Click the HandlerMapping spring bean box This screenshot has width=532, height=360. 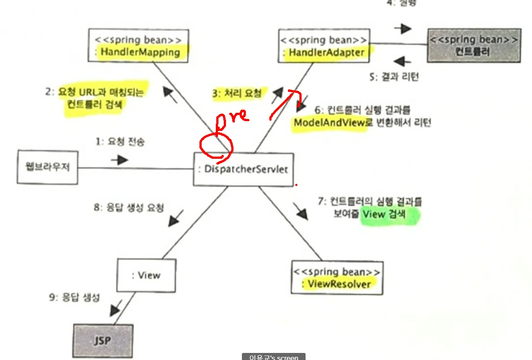(138, 46)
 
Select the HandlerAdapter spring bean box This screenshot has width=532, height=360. (324, 46)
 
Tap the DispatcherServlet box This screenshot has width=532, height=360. (244, 169)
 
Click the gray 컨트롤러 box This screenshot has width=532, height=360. (473, 46)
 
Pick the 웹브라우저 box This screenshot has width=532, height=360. (47, 168)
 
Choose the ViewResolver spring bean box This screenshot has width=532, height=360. (337, 277)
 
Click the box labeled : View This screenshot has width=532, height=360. (146, 275)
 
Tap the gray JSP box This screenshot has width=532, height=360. (102, 341)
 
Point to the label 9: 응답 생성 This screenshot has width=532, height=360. (74, 298)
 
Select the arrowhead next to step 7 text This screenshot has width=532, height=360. (301, 212)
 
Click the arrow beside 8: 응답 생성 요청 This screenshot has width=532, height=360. (176, 217)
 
